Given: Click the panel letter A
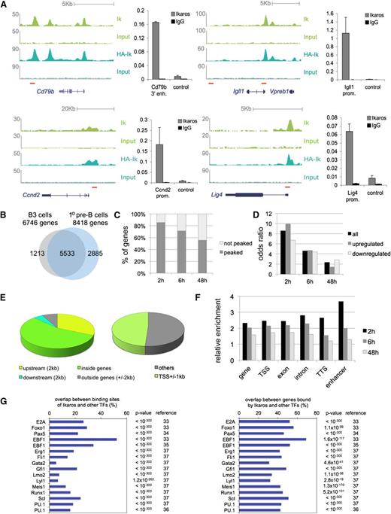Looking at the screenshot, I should (5, 6).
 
